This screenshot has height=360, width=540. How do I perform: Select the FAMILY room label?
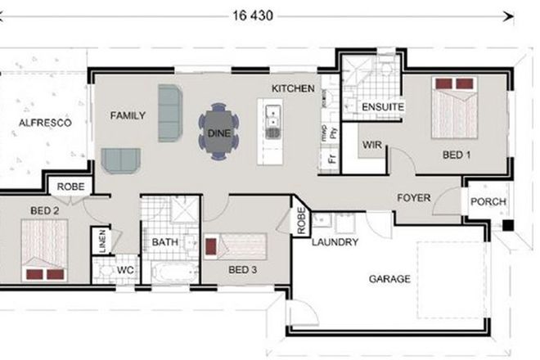coord(128,115)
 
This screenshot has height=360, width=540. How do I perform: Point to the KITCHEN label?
coord(293,88)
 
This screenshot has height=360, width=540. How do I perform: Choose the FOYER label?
coord(414,198)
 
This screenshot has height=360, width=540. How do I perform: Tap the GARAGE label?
coord(389,279)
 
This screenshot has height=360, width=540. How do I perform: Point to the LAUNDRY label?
coord(335,243)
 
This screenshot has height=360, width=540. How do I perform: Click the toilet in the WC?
coord(103,268)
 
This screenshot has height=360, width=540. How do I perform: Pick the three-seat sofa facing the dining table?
coord(170,112)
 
